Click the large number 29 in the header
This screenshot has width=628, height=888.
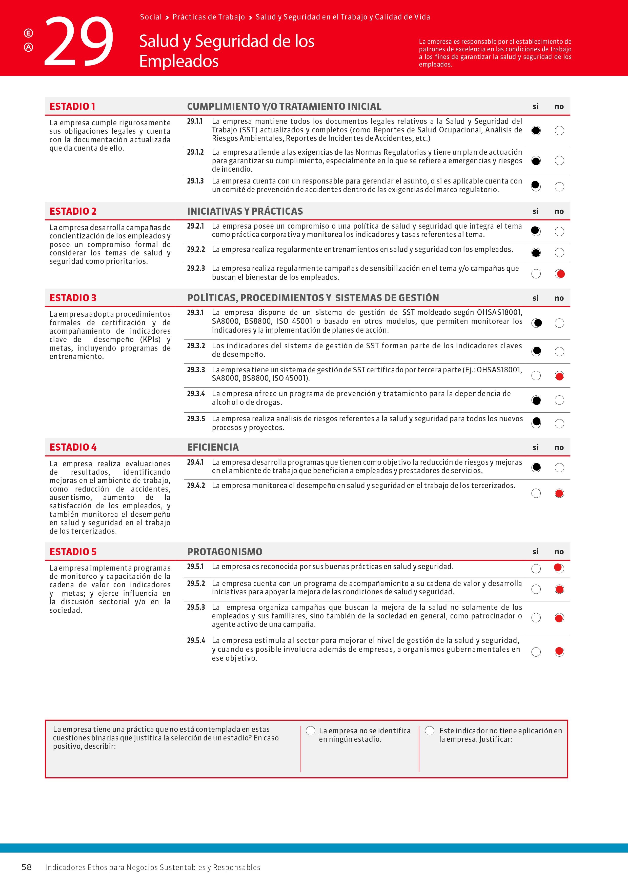click(x=79, y=41)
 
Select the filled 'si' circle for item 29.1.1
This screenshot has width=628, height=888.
click(x=536, y=131)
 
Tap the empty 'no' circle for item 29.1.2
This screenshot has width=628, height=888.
click(x=559, y=160)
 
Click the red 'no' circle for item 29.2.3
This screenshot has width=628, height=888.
click(x=560, y=274)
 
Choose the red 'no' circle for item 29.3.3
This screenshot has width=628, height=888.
click(x=559, y=376)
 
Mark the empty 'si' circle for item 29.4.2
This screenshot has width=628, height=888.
click(x=536, y=493)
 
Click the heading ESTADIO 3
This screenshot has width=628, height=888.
click(x=73, y=298)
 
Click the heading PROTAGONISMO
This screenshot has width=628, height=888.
click(x=224, y=552)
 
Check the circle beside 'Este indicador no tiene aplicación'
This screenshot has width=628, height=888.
click(x=430, y=731)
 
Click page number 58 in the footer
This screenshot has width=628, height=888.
click(x=26, y=867)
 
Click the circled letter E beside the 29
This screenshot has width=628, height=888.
click(x=28, y=33)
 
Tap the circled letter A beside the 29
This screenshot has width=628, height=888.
click(x=28, y=47)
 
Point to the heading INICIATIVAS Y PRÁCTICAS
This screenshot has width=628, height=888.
click(x=245, y=211)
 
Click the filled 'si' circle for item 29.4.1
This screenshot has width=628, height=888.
click(x=536, y=468)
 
